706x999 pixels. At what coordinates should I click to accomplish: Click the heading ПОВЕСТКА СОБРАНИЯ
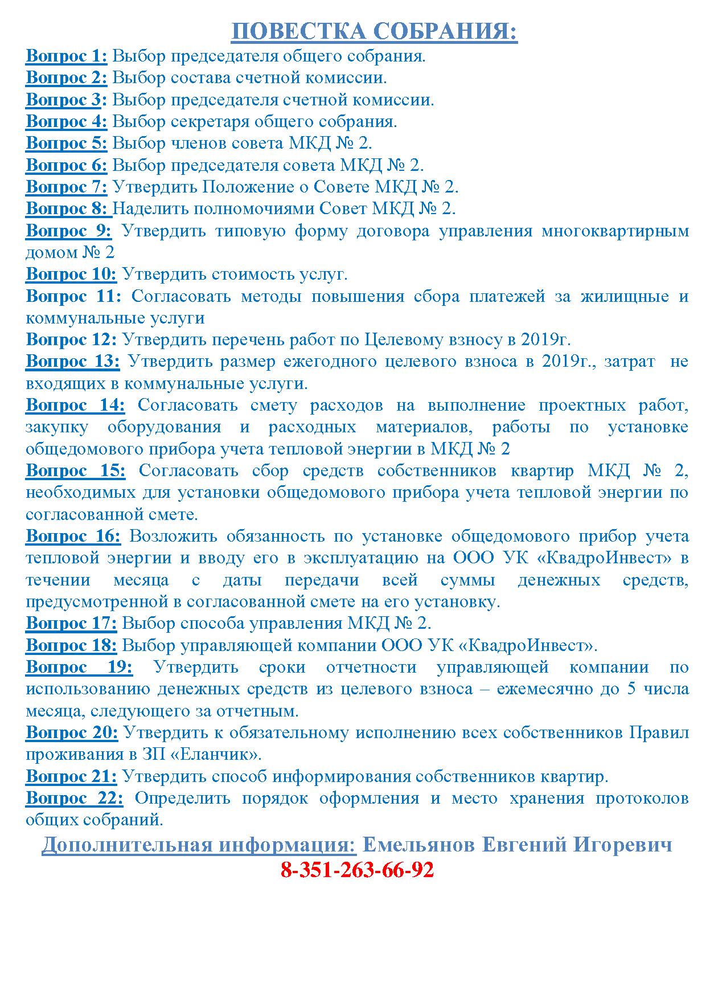[x=374, y=31]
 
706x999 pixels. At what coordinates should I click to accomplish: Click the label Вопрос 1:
[x=67, y=56]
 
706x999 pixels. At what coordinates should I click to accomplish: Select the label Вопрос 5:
[x=67, y=143]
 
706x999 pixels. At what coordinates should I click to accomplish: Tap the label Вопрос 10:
[x=71, y=274]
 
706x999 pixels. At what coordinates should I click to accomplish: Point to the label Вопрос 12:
[x=71, y=339]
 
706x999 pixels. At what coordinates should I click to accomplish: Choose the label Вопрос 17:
[x=71, y=623]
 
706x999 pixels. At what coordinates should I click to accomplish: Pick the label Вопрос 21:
[x=71, y=776]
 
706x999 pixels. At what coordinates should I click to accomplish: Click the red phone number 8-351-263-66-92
[x=357, y=870]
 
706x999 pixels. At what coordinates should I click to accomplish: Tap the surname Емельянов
[x=418, y=845]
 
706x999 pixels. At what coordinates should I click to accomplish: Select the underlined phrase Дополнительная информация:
[x=199, y=845]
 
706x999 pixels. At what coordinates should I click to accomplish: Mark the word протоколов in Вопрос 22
[x=642, y=798]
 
